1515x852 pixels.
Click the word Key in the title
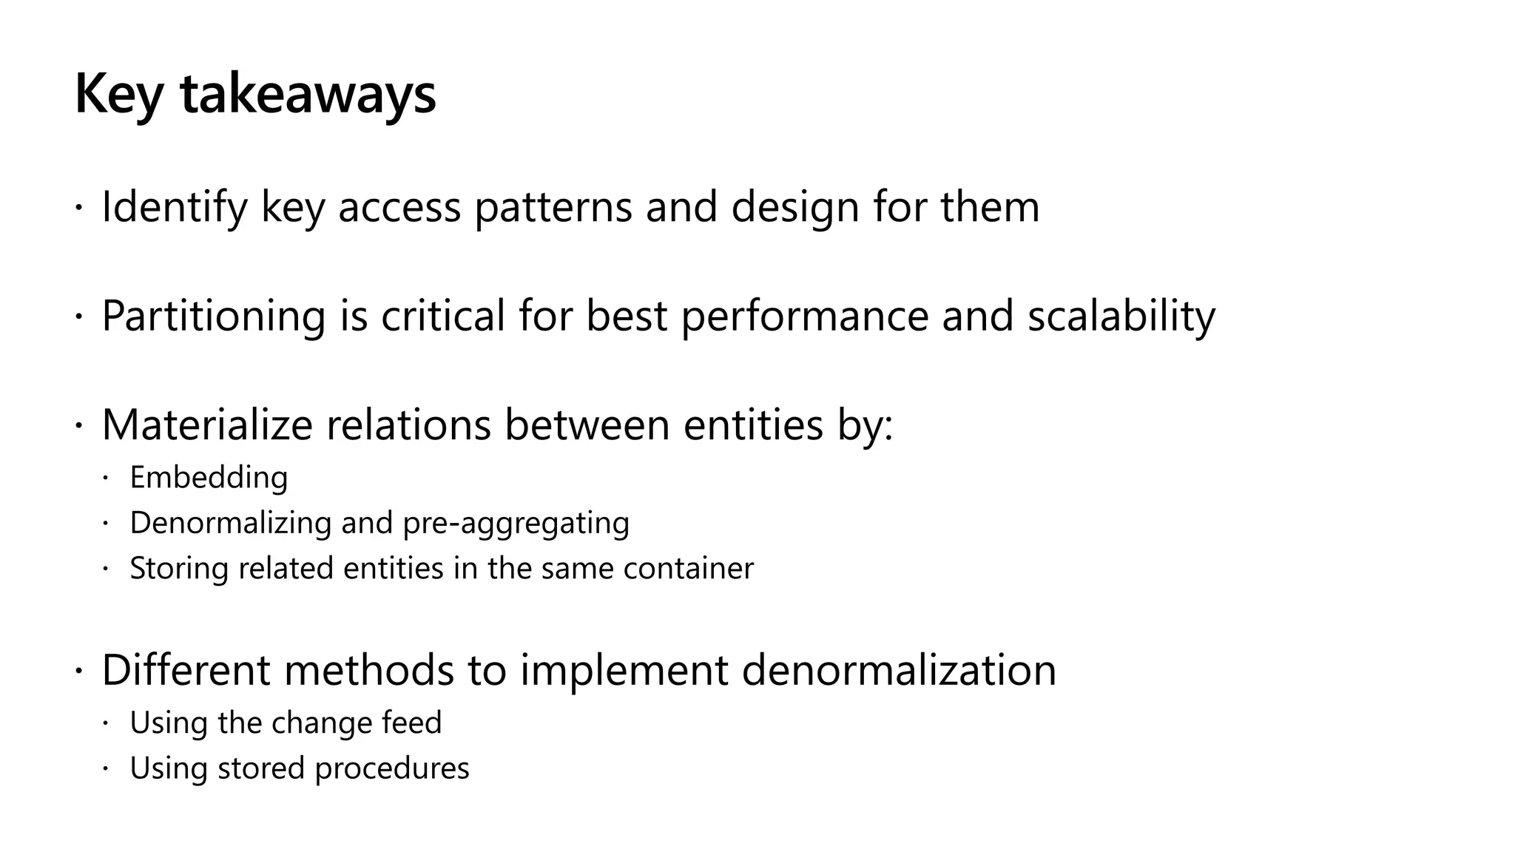pos(118,95)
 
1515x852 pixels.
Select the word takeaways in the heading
pos(308,95)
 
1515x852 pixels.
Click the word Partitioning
pos(214,316)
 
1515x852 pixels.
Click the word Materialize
pos(208,425)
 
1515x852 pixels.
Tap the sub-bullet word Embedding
pos(209,478)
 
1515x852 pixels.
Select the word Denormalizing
pos(230,523)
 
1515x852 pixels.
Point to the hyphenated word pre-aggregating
pos(516,523)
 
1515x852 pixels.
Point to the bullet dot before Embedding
pos(105,479)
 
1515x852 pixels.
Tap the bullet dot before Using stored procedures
pos(105,769)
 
